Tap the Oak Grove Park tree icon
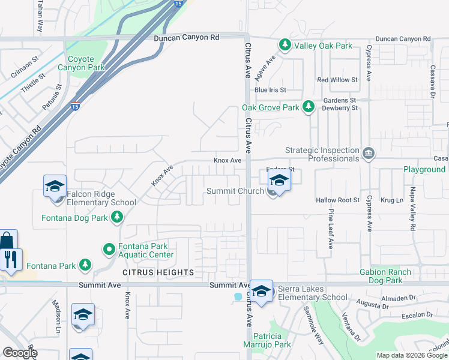[309, 107]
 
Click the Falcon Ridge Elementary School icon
[55, 186]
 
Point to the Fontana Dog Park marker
[116, 217]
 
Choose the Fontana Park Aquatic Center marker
[109, 248]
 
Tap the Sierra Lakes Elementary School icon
[261, 291]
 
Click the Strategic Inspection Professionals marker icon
[368, 154]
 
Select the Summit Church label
[235, 191]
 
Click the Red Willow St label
[337, 80]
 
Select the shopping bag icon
[7, 241]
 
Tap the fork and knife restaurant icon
[11, 259]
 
